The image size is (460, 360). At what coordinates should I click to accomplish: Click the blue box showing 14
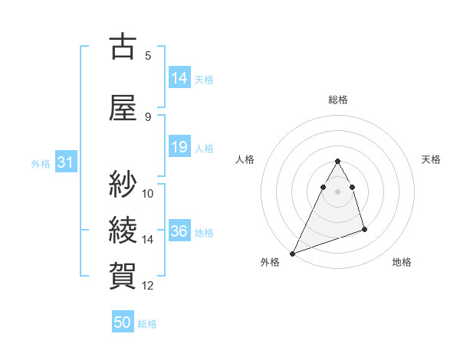(x=179, y=78)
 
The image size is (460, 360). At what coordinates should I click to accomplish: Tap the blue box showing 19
(x=179, y=148)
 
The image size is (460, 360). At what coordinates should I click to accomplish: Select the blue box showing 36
(x=179, y=231)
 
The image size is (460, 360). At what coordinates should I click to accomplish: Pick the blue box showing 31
(x=65, y=163)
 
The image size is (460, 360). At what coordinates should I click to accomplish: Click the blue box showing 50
(x=123, y=322)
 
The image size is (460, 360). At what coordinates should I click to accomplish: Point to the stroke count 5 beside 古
(x=148, y=55)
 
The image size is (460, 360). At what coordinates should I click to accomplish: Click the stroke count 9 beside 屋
(x=148, y=116)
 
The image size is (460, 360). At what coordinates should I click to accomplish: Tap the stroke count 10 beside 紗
(x=148, y=193)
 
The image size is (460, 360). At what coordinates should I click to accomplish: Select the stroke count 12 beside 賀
(x=148, y=286)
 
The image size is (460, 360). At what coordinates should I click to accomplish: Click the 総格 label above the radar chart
(x=338, y=100)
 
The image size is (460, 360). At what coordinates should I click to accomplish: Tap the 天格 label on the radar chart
(x=432, y=159)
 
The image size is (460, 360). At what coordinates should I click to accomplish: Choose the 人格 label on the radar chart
(x=245, y=159)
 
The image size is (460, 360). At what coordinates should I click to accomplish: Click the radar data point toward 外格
(x=292, y=253)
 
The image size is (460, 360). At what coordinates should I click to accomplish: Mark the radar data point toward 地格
(x=365, y=229)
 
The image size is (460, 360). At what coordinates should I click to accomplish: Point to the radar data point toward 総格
(x=337, y=162)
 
